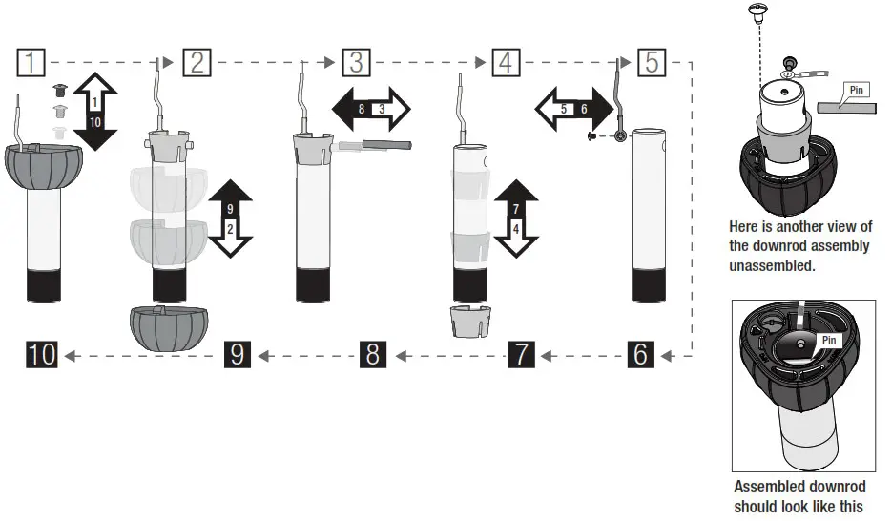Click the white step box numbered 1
[32, 63]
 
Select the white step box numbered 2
[197, 63]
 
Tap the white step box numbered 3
[356, 63]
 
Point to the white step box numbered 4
[506, 63]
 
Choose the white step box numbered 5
[652, 63]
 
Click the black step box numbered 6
[642, 355]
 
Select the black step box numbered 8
[373, 355]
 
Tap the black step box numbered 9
[238, 355]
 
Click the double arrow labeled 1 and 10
[94, 112]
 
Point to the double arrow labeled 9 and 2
[230, 219]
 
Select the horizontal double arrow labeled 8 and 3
[371, 110]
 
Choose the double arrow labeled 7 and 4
[516, 217]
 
